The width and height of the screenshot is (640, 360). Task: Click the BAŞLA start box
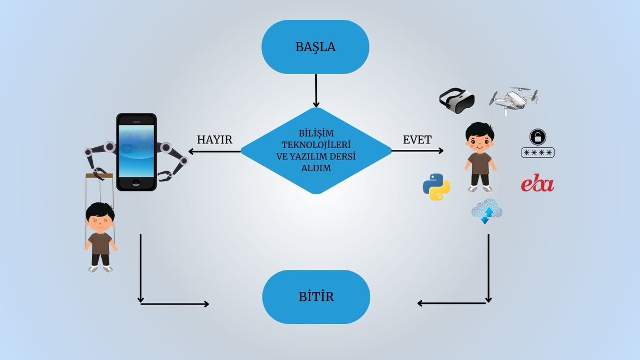click(315, 47)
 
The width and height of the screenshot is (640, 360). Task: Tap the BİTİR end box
click(316, 297)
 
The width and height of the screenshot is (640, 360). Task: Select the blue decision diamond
click(316, 151)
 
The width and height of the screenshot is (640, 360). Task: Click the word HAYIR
click(214, 140)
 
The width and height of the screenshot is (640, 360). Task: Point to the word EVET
click(417, 140)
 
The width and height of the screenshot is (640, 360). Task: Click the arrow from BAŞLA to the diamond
click(316, 91)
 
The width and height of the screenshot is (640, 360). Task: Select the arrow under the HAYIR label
click(214, 151)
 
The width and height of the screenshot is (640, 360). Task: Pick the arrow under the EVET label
click(418, 150)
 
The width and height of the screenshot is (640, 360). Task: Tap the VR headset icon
click(457, 101)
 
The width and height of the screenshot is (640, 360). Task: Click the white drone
click(513, 101)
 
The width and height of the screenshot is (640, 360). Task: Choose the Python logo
click(436, 187)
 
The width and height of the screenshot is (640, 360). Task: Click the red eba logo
click(537, 183)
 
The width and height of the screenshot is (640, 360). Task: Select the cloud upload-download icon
click(487, 211)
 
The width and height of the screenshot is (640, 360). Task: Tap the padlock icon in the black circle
click(538, 137)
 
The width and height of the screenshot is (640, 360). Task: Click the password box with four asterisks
click(538, 153)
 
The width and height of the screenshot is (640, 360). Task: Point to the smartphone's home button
click(137, 183)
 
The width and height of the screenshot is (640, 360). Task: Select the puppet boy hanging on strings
click(100, 237)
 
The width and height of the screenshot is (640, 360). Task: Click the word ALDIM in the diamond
click(316, 168)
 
